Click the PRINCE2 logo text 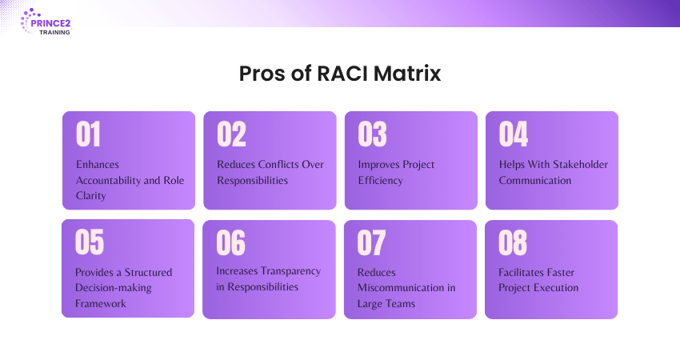tap(50, 23)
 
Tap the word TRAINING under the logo tap(54, 33)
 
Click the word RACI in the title tap(342, 74)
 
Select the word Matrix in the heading tap(406, 74)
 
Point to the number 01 tap(89, 134)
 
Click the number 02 tap(231, 134)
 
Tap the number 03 tap(372, 134)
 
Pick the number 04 tap(514, 134)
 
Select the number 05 tap(90, 242)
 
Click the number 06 tap(230, 242)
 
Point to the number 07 tap(371, 242)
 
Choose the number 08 tap(513, 242)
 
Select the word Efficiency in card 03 tap(380, 181)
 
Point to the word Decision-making tap(113, 288)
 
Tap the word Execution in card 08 tap(556, 288)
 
